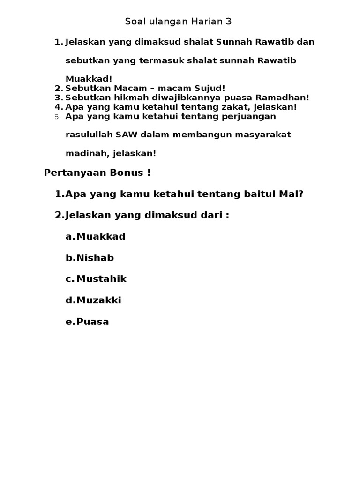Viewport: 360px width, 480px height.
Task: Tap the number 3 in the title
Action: (229, 22)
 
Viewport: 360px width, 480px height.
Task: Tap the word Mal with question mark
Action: (292, 194)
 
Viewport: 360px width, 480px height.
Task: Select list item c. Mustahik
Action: (96, 279)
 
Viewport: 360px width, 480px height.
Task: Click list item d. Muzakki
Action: (93, 300)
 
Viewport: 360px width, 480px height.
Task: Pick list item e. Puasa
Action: (87, 322)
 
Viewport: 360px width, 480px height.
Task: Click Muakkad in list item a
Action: (101, 236)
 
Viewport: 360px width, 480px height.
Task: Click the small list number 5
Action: (58, 117)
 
